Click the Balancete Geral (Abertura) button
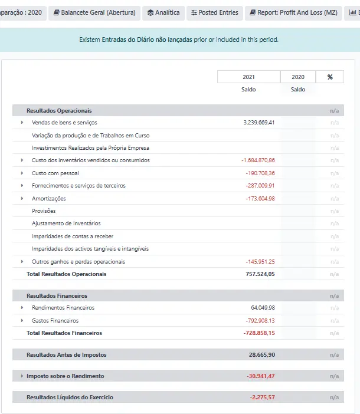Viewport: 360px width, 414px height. click(x=94, y=12)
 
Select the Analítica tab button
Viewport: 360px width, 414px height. click(x=163, y=12)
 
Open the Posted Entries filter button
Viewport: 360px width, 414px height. click(x=215, y=12)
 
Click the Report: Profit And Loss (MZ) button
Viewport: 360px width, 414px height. click(x=293, y=12)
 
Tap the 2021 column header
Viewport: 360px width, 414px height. click(x=248, y=77)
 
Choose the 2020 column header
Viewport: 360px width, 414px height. click(x=298, y=77)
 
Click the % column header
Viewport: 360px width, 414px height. click(x=330, y=77)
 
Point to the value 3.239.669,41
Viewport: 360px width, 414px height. click(x=259, y=123)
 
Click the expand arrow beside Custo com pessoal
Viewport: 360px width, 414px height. click(x=22, y=173)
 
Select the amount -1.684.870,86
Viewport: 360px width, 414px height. click(x=258, y=160)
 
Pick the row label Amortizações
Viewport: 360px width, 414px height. click(x=49, y=199)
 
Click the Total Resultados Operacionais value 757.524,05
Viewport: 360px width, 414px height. click(x=260, y=274)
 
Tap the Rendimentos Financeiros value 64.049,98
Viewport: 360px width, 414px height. click(x=263, y=308)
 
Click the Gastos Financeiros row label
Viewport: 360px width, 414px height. click(x=55, y=321)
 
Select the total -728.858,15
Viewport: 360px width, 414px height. click(x=259, y=333)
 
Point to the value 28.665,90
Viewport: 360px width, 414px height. click(x=262, y=355)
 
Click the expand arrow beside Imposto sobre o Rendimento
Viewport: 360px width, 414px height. click(x=22, y=376)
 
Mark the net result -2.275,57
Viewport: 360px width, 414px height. click(x=262, y=397)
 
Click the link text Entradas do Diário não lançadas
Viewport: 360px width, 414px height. click(x=147, y=40)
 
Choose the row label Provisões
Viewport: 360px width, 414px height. click(x=44, y=211)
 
